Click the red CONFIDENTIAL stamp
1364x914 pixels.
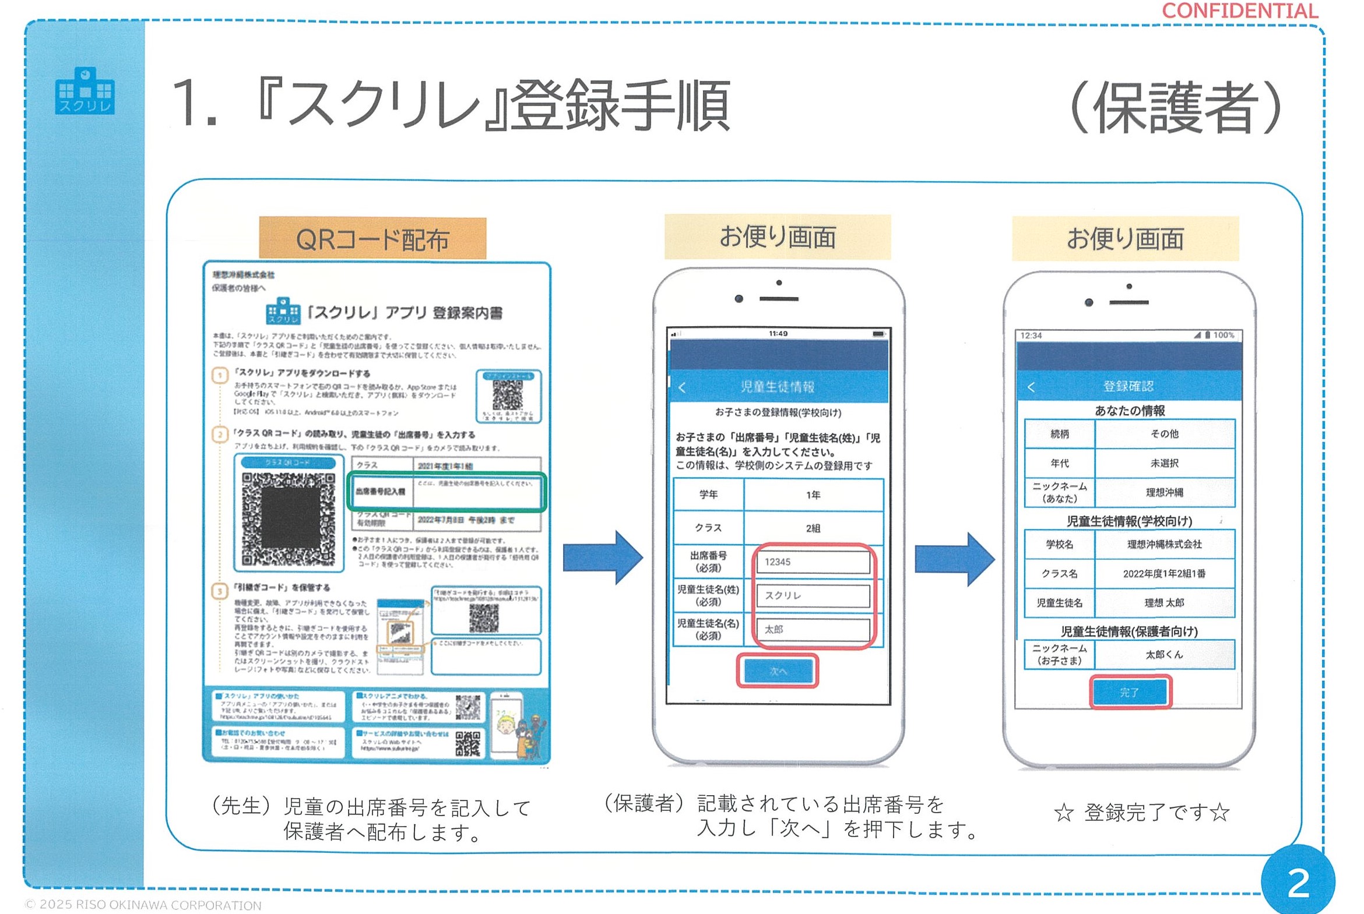pyautogui.click(x=1239, y=11)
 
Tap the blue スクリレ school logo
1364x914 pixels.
pyautogui.click(x=85, y=91)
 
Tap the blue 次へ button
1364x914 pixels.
pyautogui.click(x=778, y=671)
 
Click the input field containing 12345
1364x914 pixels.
pyautogui.click(x=813, y=562)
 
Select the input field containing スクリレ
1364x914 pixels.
pyautogui.click(x=813, y=596)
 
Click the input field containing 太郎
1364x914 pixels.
pyautogui.click(x=813, y=630)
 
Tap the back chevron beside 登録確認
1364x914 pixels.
pyautogui.click(x=1031, y=387)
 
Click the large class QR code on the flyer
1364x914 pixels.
pyautogui.click(x=289, y=520)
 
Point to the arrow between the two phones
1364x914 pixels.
pyautogui.click(x=955, y=559)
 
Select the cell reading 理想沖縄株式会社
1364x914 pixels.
pyautogui.click(x=1164, y=545)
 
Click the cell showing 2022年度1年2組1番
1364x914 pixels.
pyautogui.click(x=1164, y=574)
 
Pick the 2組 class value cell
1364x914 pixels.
pyautogui.click(x=813, y=528)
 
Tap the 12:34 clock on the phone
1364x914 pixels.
pyautogui.click(x=1031, y=336)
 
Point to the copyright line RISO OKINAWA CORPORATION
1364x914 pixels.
pyautogui.click(x=143, y=905)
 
